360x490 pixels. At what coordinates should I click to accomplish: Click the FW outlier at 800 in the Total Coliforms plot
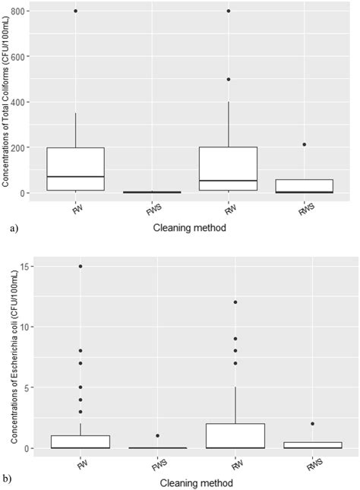[x=76, y=11]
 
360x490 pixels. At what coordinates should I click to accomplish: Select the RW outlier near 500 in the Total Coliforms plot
[x=229, y=79]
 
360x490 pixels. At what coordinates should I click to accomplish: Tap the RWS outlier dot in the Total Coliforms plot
[x=305, y=144]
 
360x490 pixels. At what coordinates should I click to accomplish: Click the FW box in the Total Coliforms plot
[x=76, y=169]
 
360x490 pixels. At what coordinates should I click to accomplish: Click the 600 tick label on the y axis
[x=24, y=56]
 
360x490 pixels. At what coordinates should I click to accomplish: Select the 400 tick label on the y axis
[x=24, y=102]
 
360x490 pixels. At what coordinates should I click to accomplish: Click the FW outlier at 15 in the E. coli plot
[x=81, y=266]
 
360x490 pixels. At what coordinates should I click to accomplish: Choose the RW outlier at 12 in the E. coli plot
[x=235, y=302]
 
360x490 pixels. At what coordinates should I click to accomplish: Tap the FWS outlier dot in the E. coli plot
[x=158, y=436]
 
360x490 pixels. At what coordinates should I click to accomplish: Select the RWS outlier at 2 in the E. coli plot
[x=313, y=424]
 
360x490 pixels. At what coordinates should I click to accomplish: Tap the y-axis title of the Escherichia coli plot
[x=8, y=357]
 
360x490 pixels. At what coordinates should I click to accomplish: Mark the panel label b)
[x=8, y=480]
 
